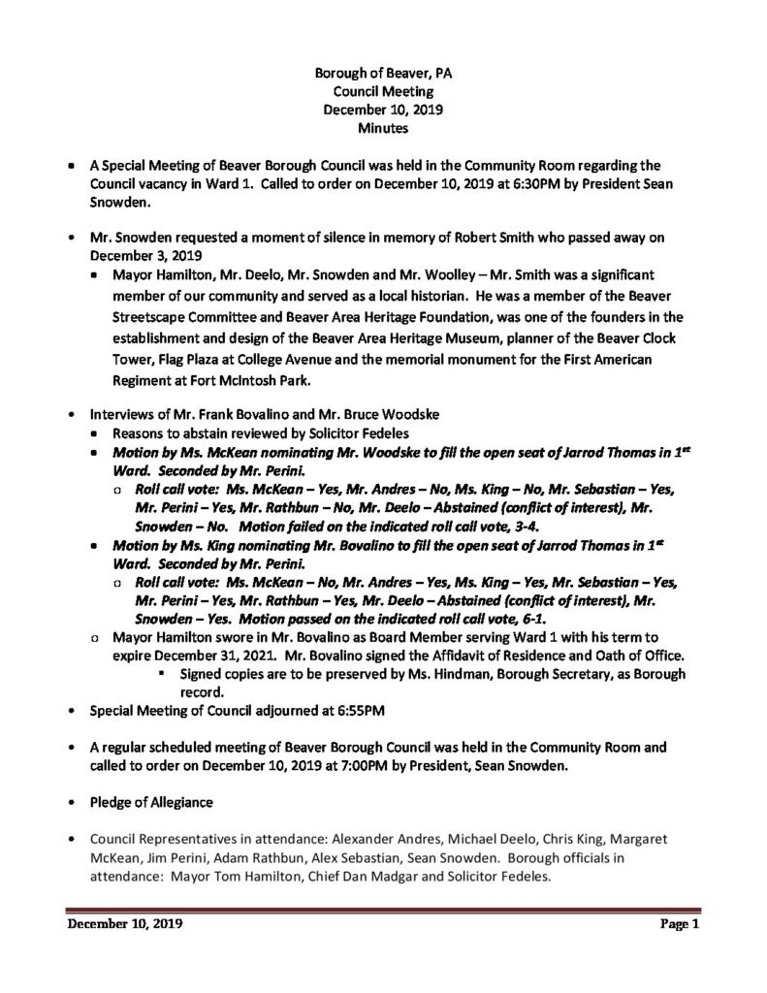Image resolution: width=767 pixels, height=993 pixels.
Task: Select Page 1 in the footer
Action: tap(680, 924)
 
